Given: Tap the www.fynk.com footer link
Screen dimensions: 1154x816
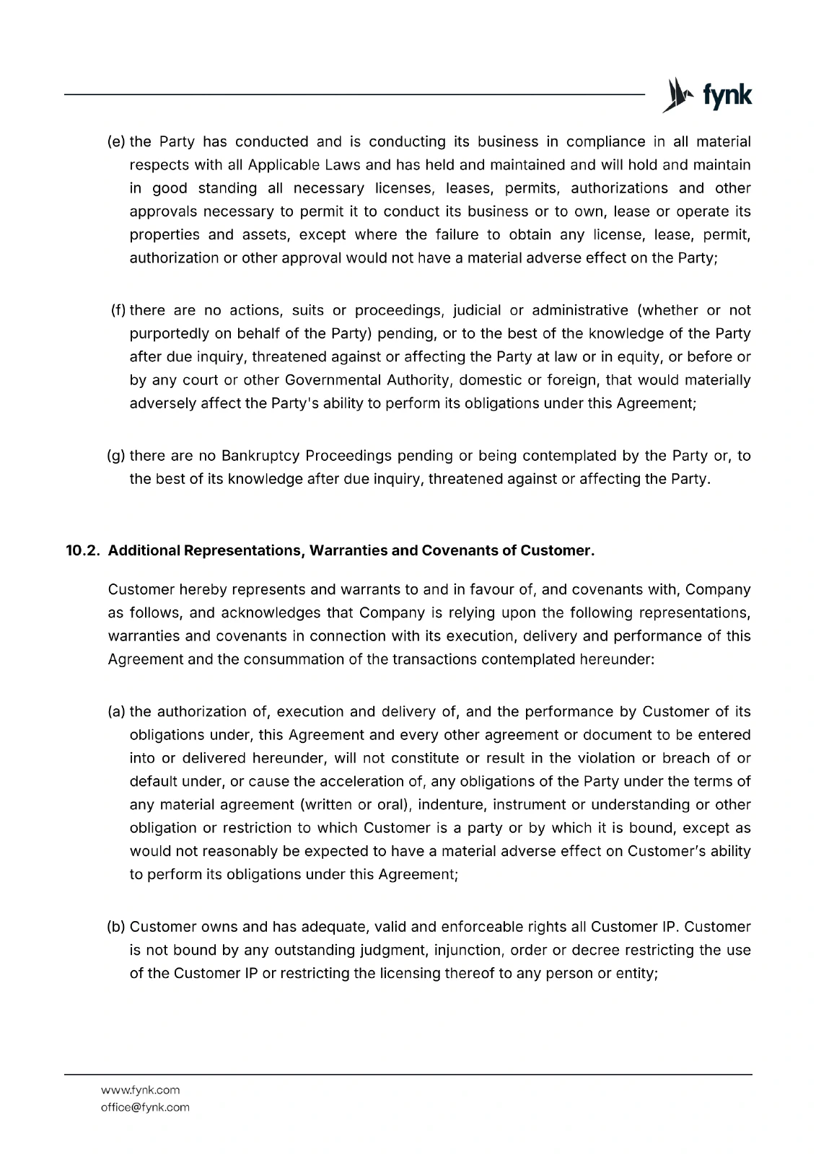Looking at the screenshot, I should point(140,1090).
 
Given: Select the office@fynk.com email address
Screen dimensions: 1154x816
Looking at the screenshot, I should point(145,1107).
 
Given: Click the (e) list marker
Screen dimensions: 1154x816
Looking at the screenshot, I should point(117,141).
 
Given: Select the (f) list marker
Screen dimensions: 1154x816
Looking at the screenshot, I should point(118,310).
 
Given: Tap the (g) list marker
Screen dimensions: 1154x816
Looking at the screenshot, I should point(117,456).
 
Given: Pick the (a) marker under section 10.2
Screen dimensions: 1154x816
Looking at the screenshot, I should point(117,712).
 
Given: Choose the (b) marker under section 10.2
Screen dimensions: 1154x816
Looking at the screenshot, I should point(117,926).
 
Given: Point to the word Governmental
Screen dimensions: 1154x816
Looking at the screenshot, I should point(333,380).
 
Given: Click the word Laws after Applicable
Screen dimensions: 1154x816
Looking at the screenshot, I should point(342,165).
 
